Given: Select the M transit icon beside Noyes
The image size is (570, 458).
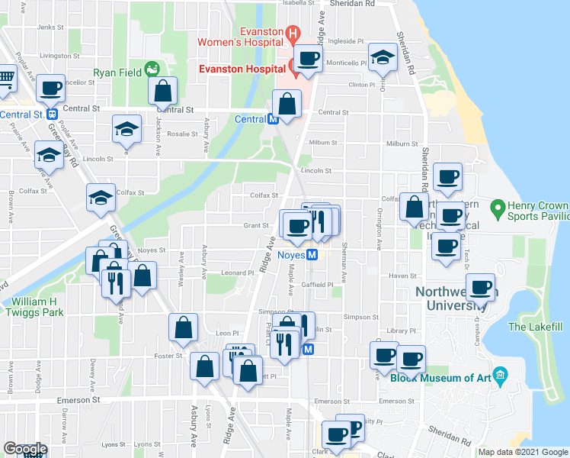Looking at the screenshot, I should (x=312, y=255).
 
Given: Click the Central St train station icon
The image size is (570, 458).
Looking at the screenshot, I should (x=53, y=114).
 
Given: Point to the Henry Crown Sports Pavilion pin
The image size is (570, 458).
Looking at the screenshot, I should (x=498, y=207).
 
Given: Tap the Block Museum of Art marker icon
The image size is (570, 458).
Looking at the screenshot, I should (x=500, y=374).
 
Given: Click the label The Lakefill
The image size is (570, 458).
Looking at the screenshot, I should (x=535, y=327).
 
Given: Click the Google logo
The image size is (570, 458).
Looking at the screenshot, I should (x=24, y=449).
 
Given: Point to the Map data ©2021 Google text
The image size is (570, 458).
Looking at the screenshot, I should (x=523, y=452).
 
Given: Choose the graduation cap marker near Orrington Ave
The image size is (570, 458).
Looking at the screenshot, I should (x=382, y=57).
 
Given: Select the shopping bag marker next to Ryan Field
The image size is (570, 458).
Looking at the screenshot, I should (x=164, y=91).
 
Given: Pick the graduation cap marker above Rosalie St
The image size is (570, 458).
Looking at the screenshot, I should (x=126, y=129).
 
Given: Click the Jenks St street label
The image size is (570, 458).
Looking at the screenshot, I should (x=47, y=27).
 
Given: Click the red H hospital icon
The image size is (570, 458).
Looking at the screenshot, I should (x=292, y=33).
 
